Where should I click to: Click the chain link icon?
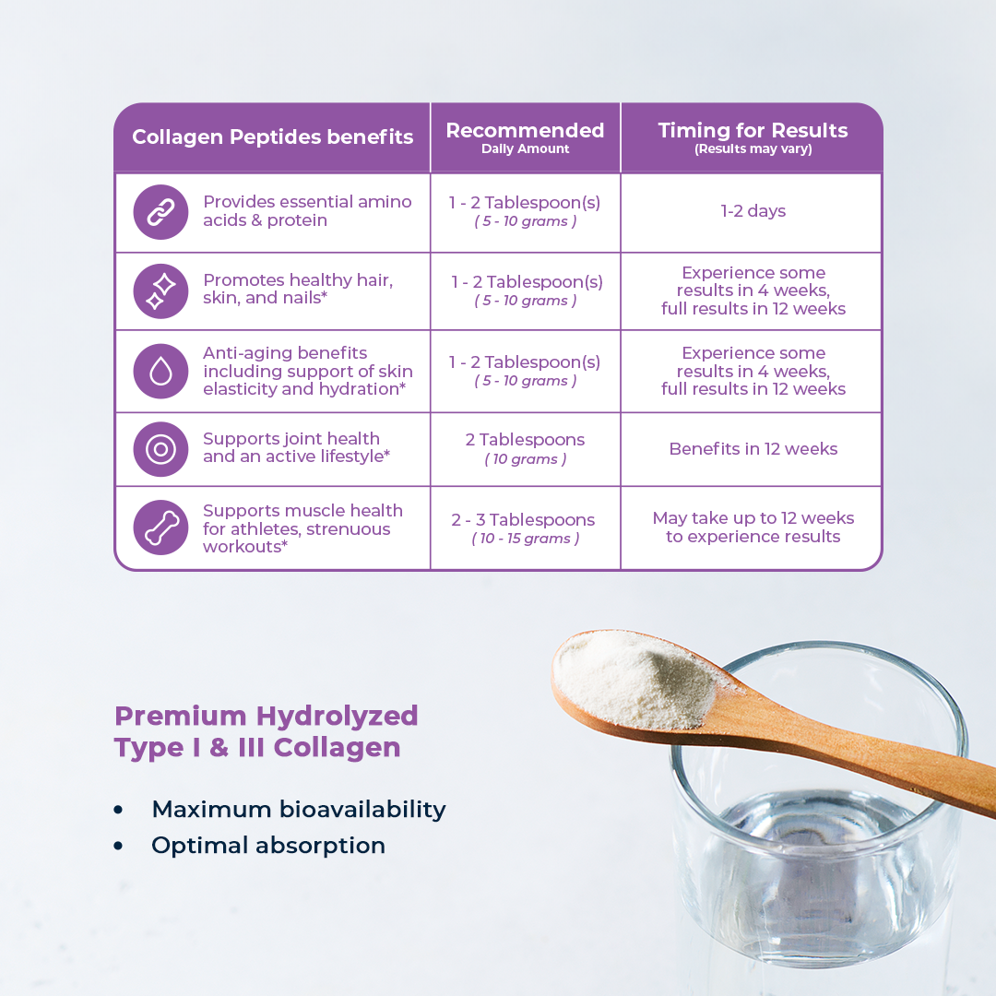[160, 212]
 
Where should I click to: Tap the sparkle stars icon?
[160, 291]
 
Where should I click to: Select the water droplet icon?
[160, 372]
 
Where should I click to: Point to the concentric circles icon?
[160, 449]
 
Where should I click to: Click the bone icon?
[160, 528]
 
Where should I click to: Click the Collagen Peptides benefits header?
[272, 137]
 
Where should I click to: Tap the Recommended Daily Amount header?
[526, 137]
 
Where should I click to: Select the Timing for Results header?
[753, 137]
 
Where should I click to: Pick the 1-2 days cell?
[753, 211]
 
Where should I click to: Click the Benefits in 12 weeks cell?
[753, 449]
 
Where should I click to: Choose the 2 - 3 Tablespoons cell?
[524, 528]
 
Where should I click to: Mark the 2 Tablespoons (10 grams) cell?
[526, 448]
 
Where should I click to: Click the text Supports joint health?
[290, 439]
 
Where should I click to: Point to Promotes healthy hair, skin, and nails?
[298, 289]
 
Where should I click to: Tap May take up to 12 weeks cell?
[753, 528]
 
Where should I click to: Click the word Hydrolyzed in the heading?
[338, 717]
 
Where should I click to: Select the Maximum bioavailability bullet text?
[299, 810]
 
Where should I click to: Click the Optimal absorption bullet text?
[268, 846]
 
